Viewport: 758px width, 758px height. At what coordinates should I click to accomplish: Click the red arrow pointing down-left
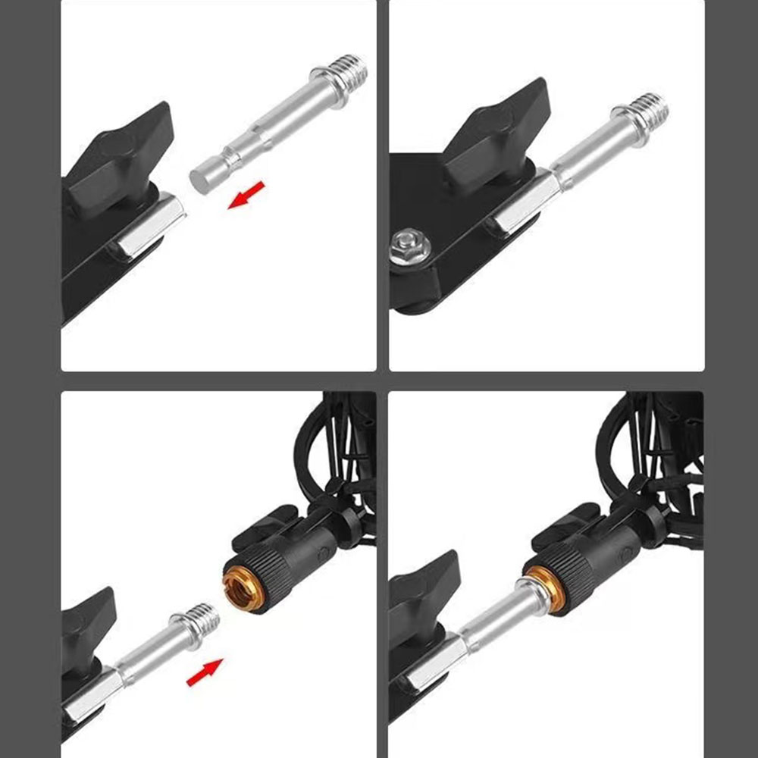click(x=246, y=195)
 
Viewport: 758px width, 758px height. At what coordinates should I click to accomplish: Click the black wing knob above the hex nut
click(x=496, y=134)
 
